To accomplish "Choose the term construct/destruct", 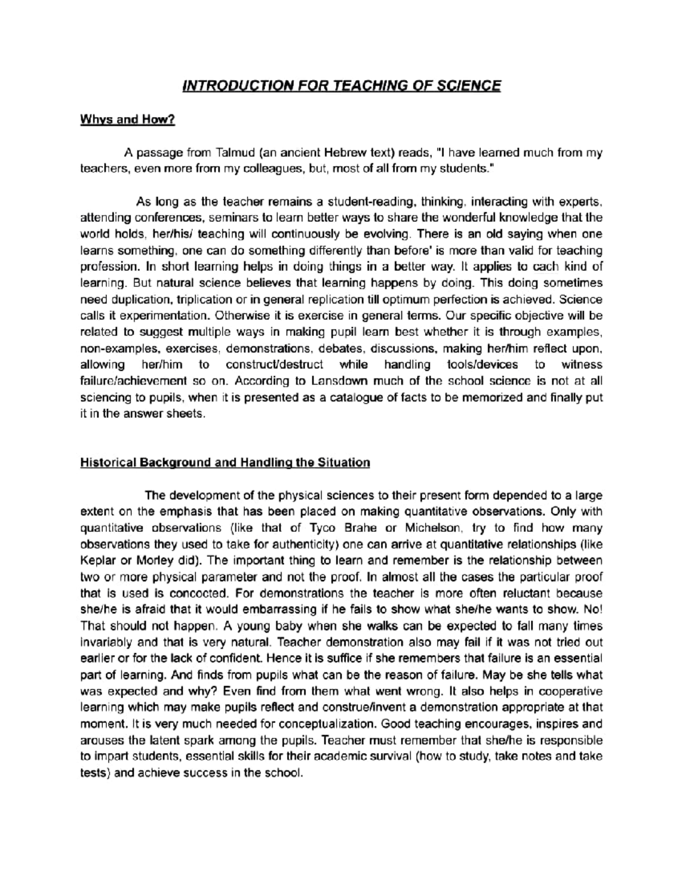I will [275, 365].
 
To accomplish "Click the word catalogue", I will [356, 398].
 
